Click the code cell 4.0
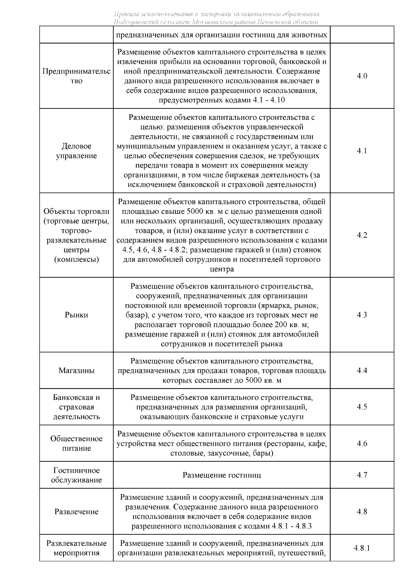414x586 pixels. [x=362, y=76]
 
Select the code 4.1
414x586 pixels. [x=362, y=151]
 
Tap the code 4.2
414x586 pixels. [x=362, y=235]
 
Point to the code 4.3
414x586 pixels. [x=362, y=315]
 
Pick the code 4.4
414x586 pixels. [x=362, y=371]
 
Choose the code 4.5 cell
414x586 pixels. [x=362, y=407]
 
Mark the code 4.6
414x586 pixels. [x=362, y=443]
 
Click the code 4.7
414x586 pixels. [x=362, y=475]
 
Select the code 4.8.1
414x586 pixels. [x=362, y=548]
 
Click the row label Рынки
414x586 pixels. [x=76, y=315]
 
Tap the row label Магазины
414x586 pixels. [x=76, y=371]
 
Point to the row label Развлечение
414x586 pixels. [x=76, y=512]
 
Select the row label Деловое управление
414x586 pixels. [x=76, y=151]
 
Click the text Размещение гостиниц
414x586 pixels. [x=221, y=475]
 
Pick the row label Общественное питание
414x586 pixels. [x=76, y=443]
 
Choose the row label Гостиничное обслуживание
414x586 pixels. [x=76, y=475]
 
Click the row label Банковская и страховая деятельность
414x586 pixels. [x=76, y=407]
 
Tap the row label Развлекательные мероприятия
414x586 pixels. [x=76, y=548]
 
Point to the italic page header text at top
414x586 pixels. [x=216, y=18]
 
